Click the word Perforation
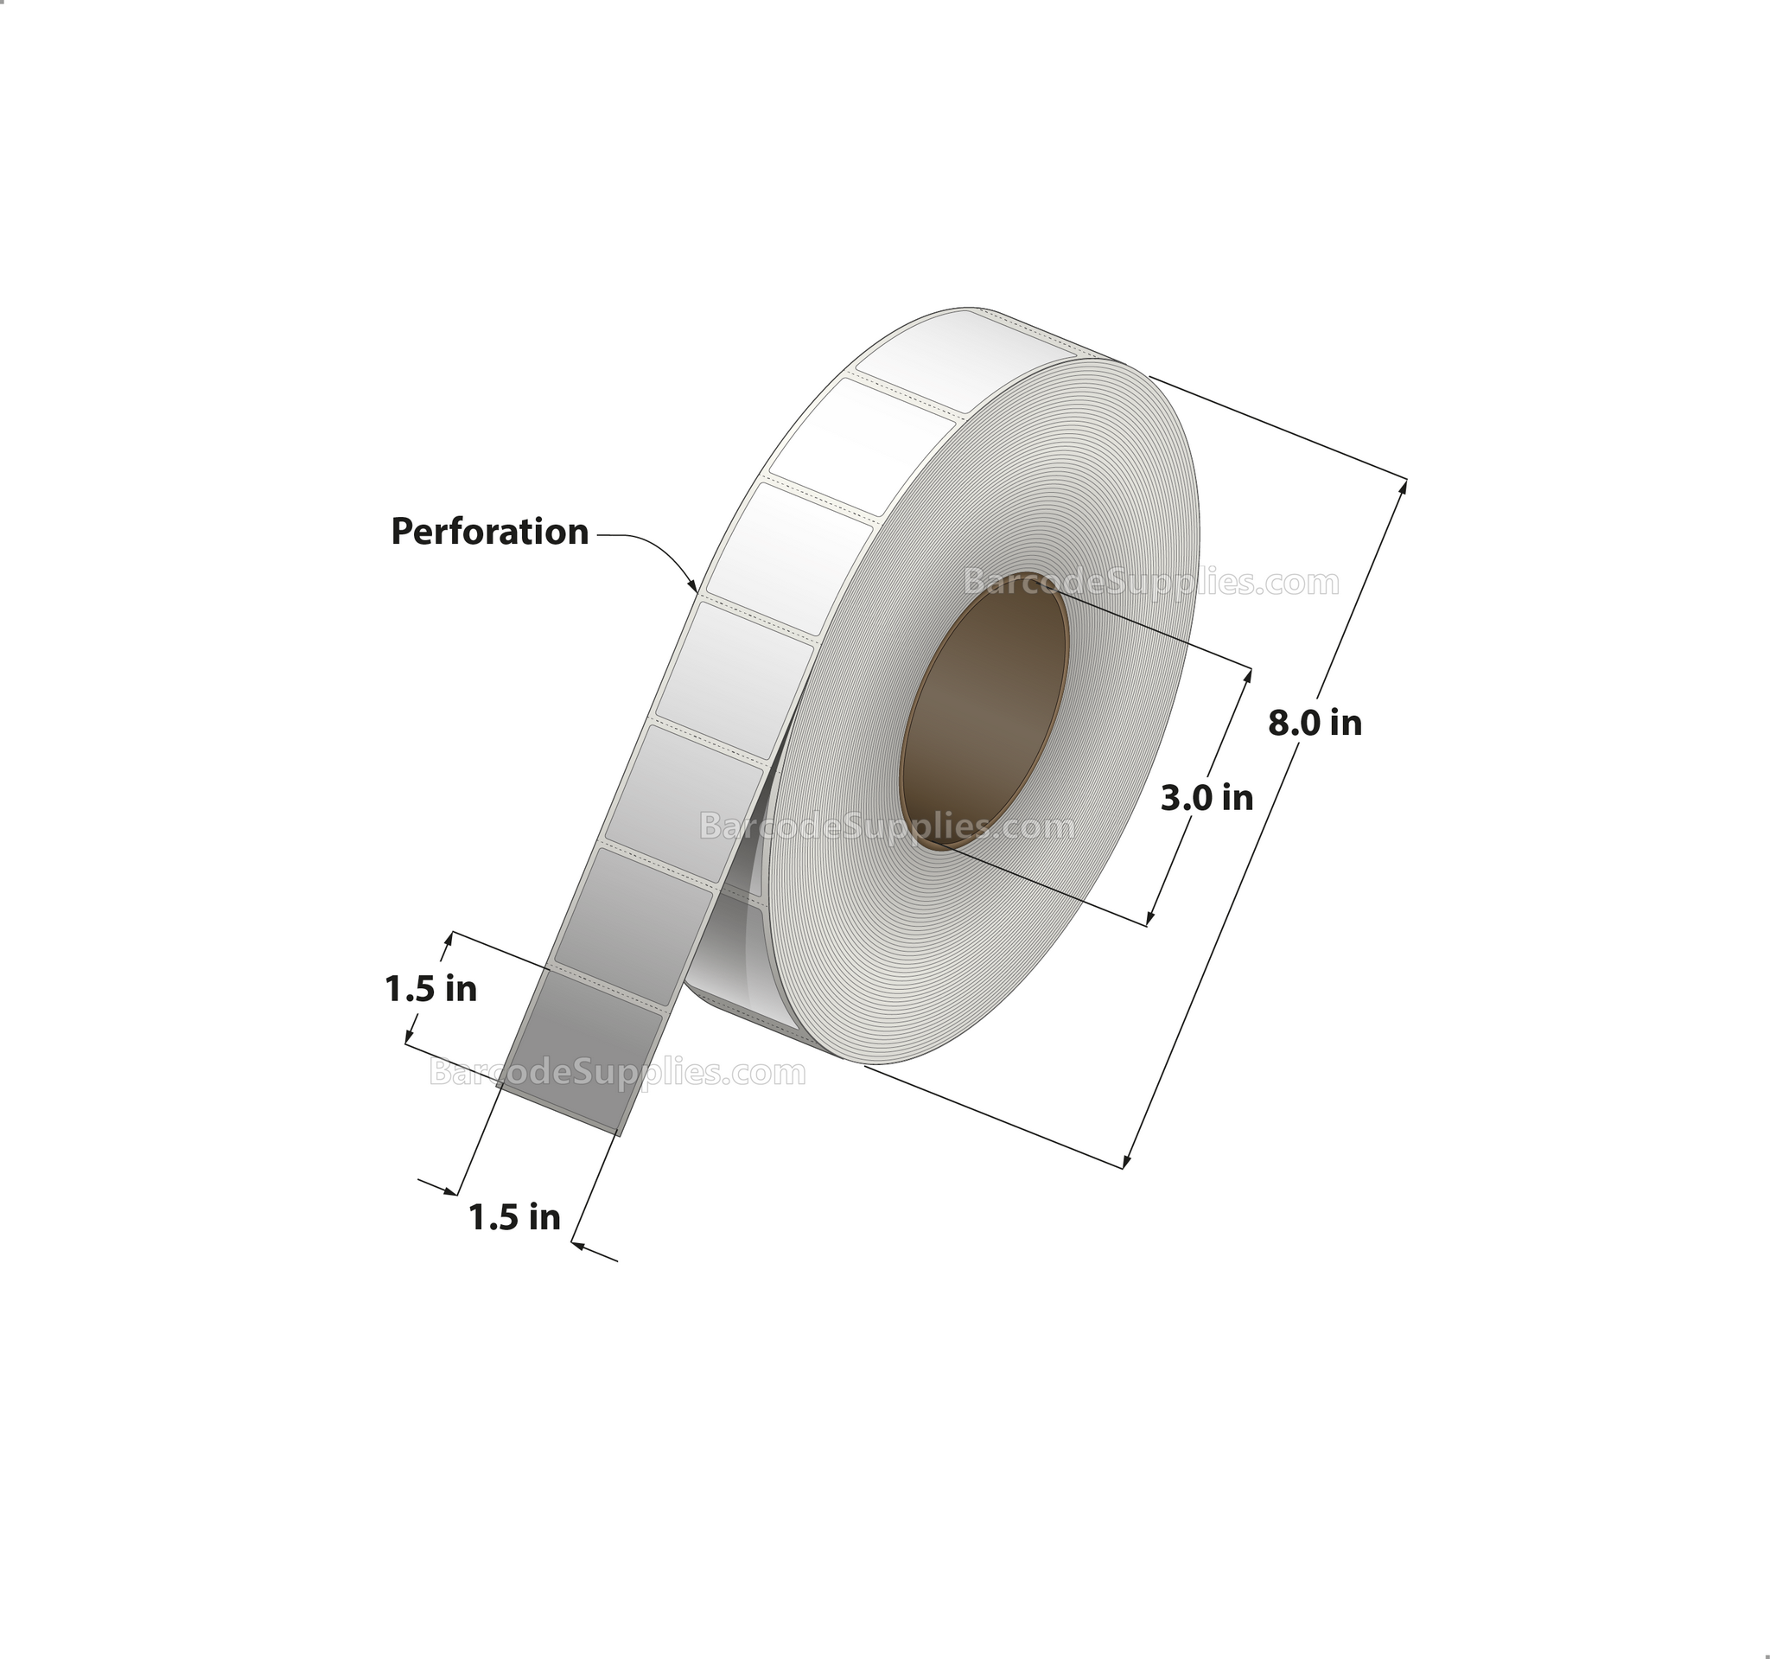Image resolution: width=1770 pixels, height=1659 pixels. (x=490, y=532)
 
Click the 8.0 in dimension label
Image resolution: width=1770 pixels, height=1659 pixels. (x=1315, y=723)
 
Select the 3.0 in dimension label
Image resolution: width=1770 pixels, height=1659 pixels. (x=1207, y=798)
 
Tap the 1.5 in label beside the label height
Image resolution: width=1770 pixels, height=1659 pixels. (x=431, y=988)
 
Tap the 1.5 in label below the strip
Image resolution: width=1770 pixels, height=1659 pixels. (x=514, y=1217)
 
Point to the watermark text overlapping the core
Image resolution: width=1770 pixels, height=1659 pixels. (x=887, y=827)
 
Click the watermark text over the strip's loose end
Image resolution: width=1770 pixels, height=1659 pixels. (x=617, y=1072)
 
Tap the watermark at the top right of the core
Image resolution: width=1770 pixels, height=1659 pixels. (x=1151, y=583)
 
